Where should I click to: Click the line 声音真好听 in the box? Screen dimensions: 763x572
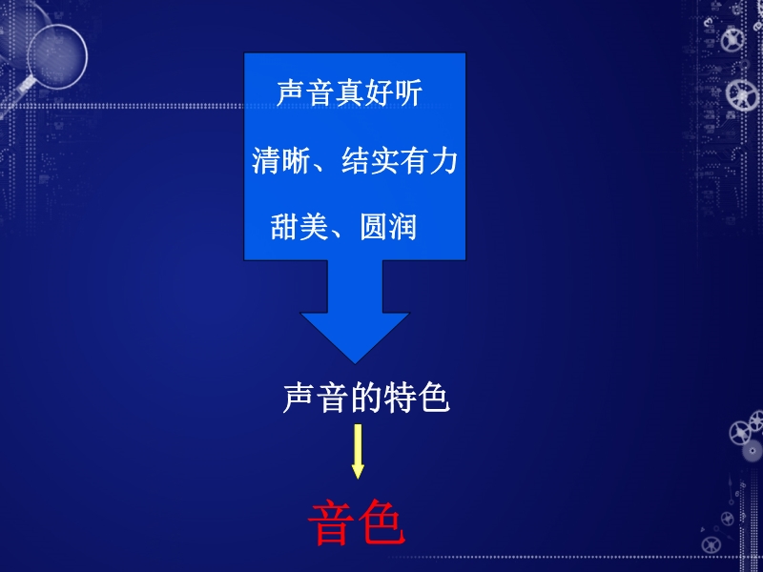point(349,92)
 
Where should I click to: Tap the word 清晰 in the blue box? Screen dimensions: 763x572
point(280,161)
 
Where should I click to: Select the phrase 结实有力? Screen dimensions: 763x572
point(400,161)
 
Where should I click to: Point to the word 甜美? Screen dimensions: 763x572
point(299,227)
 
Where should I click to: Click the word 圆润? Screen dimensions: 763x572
point(388,227)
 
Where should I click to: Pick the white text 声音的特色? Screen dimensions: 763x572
point(366,398)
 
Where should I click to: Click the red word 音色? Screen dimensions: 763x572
point(357,522)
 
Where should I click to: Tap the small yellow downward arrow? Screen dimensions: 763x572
point(358,451)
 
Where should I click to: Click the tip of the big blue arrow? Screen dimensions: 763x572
point(355,363)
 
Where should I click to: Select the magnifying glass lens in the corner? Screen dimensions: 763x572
point(57,56)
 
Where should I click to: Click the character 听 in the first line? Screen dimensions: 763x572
point(408,92)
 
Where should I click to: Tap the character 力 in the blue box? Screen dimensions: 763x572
point(443,161)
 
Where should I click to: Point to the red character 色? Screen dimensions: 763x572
point(381,522)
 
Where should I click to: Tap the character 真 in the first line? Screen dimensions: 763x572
point(349,92)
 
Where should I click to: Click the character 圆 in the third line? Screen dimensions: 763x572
point(374,227)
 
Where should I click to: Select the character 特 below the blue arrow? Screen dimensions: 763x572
point(400,398)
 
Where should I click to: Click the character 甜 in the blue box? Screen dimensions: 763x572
point(285,227)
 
